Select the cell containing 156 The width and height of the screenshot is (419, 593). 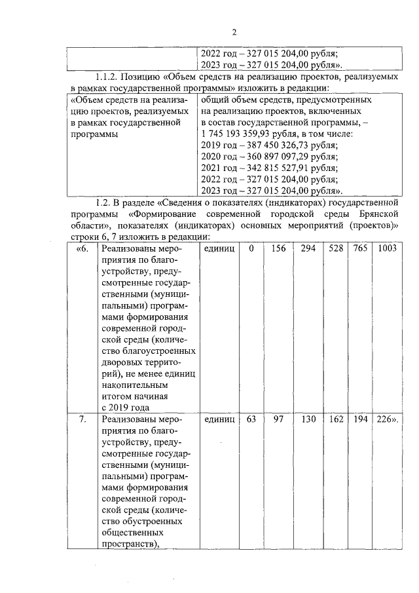[x=278, y=249]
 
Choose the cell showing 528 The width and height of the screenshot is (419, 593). [x=336, y=249]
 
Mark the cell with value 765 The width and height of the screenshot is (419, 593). [x=360, y=249]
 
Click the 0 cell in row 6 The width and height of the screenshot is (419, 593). [x=251, y=249]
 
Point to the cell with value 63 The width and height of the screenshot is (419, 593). [x=251, y=419]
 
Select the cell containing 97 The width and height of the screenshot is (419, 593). [x=278, y=419]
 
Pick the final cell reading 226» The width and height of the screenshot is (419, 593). [x=386, y=419]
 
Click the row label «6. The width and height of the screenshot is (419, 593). [x=82, y=249]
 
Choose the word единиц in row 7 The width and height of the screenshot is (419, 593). [x=219, y=419]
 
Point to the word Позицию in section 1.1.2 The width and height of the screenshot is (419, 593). [x=150, y=77]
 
